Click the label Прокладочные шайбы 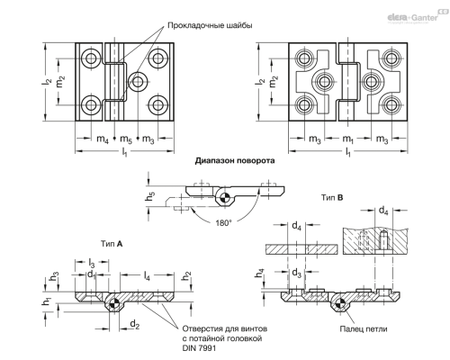click(x=210, y=25)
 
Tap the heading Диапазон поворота click(x=235, y=161)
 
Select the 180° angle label click(x=223, y=223)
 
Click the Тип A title click(x=112, y=244)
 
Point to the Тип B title click(x=332, y=198)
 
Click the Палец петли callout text click(x=364, y=329)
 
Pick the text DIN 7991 click(x=199, y=348)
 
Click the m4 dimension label click(x=103, y=139)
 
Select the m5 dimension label click(x=126, y=139)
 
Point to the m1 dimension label click(x=347, y=139)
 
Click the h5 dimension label click(x=150, y=198)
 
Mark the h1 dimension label click(x=48, y=302)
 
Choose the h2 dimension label click(x=186, y=276)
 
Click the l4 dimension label click(x=147, y=276)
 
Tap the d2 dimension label click(x=135, y=324)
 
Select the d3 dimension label click(x=296, y=273)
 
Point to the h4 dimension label click(x=260, y=274)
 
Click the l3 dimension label click(x=92, y=264)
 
